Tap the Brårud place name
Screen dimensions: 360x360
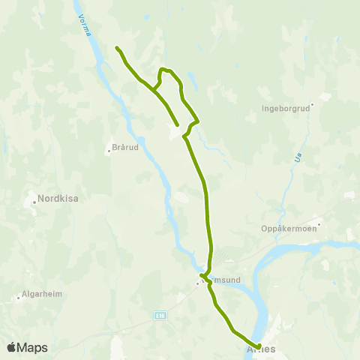click(x=124, y=148)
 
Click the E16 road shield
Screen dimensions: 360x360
click(x=160, y=316)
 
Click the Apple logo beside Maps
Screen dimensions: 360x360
click(x=12, y=347)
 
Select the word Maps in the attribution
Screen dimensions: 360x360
click(x=34, y=347)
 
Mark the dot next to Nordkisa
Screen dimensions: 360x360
click(x=34, y=200)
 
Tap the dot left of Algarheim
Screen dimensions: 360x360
click(x=18, y=298)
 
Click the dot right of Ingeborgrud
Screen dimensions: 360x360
click(x=313, y=104)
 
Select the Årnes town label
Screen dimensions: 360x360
click(x=261, y=349)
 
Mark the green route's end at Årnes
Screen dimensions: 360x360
click(x=259, y=346)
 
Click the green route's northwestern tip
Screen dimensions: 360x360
click(x=117, y=48)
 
